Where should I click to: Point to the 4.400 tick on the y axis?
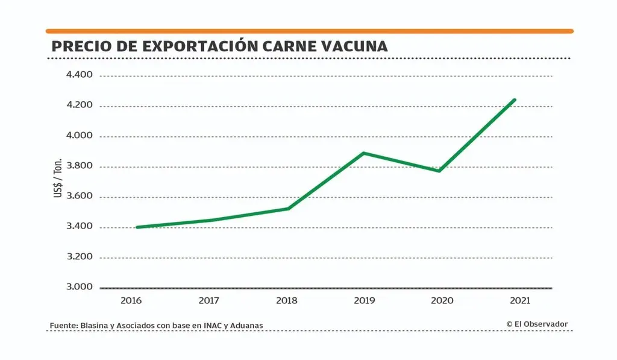(x=80, y=75)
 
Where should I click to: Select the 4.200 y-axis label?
(x=80, y=106)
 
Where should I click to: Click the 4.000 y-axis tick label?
(x=80, y=136)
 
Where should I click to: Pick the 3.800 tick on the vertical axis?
(x=80, y=166)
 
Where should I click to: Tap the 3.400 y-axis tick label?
(x=80, y=227)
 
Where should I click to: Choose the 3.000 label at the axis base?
(x=80, y=287)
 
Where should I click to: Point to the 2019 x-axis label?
(x=364, y=300)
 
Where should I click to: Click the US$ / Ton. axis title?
(x=58, y=180)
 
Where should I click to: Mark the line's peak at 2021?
(x=515, y=99)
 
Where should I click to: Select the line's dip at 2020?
(x=439, y=171)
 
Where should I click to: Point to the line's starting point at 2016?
(x=138, y=227)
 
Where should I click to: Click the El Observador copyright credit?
(x=537, y=324)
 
